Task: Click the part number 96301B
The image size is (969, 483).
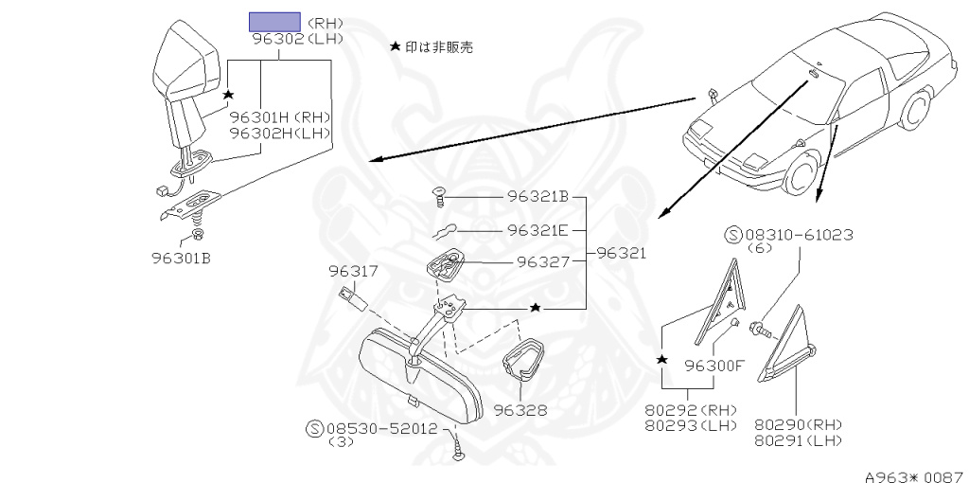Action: pyautogui.click(x=180, y=257)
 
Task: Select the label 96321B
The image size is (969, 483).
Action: pyautogui.click(x=537, y=198)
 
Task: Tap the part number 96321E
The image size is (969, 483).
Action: pyautogui.click(x=537, y=229)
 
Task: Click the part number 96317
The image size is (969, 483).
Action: pyautogui.click(x=353, y=272)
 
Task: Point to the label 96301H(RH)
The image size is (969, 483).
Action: pyautogui.click(x=280, y=117)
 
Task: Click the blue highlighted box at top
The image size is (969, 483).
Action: pyautogui.click(x=274, y=22)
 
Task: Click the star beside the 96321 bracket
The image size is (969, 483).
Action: pyautogui.click(x=536, y=308)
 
